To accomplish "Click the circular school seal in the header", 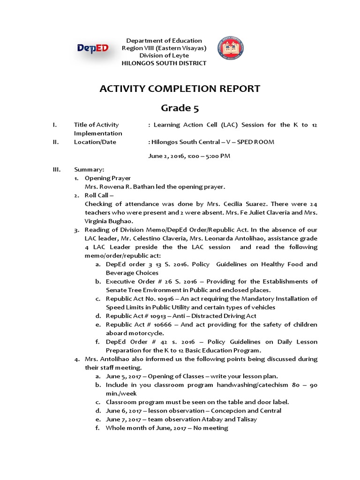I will [x=231, y=49].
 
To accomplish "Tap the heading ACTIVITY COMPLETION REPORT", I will [x=180, y=89].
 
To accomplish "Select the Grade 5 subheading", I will [x=180, y=108].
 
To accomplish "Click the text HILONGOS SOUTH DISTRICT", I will [x=164, y=63].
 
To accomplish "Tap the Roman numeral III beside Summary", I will [x=57, y=169].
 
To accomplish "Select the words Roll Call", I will [x=97, y=195].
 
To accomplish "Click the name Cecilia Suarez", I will [x=239, y=204].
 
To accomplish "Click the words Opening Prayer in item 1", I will [x=107, y=178].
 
